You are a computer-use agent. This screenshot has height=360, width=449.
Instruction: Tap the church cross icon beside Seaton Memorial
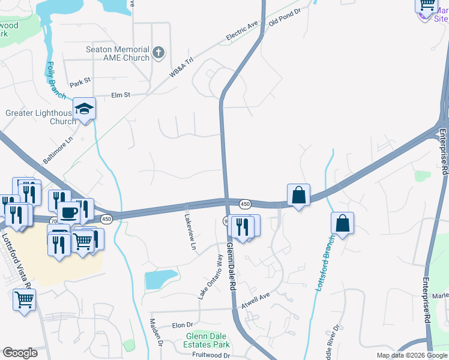pyautogui.click(x=159, y=53)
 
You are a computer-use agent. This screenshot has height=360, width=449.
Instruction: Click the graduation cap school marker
pyautogui.click(x=85, y=109)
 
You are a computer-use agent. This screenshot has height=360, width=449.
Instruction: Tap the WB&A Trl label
pyautogui.click(x=182, y=67)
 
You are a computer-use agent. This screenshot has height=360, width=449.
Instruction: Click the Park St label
pyautogui.click(x=79, y=80)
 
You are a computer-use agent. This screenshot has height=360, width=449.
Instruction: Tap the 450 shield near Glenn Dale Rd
pyautogui.click(x=245, y=205)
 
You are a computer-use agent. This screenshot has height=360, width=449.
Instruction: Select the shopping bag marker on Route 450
pyautogui.click(x=298, y=195)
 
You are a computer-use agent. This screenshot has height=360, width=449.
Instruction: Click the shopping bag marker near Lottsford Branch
pyautogui.click(x=342, y=223)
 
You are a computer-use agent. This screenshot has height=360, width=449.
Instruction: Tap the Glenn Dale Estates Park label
pyautogui.click(x=208, y=341)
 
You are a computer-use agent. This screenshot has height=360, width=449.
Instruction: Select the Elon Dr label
pyautogui.click(x=181, y=325)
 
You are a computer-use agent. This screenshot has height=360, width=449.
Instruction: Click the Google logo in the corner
pyautogui.click(x=20, y=353)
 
